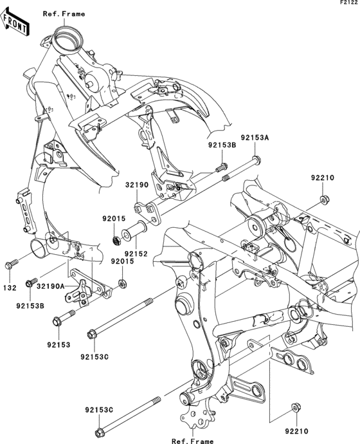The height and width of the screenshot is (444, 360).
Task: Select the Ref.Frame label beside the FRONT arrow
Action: click(64, 14)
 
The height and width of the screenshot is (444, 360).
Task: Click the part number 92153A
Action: click(255, 138)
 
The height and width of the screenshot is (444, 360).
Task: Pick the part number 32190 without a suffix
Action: click(136, 184)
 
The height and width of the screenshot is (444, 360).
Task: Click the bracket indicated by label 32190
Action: click(144, 209)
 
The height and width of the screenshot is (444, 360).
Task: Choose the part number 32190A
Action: click(50, 286)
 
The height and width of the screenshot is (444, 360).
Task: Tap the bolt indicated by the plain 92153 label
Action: click(65, 317)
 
